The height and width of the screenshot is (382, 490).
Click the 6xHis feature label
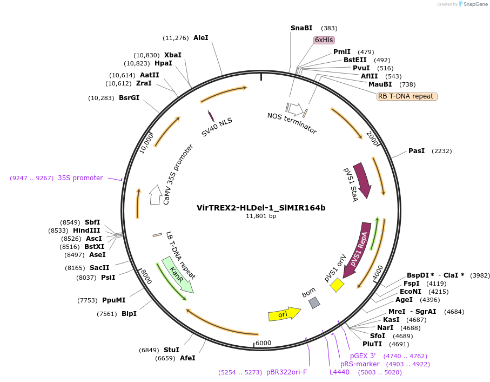[x=324, y=40]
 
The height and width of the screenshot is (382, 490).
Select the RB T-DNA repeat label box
[x=407, y=96]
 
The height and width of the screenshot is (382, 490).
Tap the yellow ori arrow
[x=284, y=314]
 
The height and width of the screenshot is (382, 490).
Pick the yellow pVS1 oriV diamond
[x=337, y=285]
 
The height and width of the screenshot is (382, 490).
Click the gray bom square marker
[x=314, y=303]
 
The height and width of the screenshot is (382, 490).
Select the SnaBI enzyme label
[x=301, y=28]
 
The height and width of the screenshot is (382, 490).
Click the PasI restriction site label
[x=417, y=151]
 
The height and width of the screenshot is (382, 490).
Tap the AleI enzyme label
[x=200, y=38]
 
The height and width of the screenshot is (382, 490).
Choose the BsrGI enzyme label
[x=129, y=98]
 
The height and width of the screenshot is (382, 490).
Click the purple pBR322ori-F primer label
[x=286, y=372]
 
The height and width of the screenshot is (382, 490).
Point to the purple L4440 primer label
[x=340, y=372]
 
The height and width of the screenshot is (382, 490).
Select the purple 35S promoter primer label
[x=80, y=177]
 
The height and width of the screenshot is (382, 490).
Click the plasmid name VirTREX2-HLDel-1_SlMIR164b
[x=261, y=207]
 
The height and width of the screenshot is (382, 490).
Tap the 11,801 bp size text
[x=261, y=216]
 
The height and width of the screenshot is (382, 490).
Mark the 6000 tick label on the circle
[x=263, y=343]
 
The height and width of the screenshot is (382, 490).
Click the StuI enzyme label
[x=171, y=350]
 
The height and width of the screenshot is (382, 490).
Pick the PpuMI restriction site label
[x=113, y=300]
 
